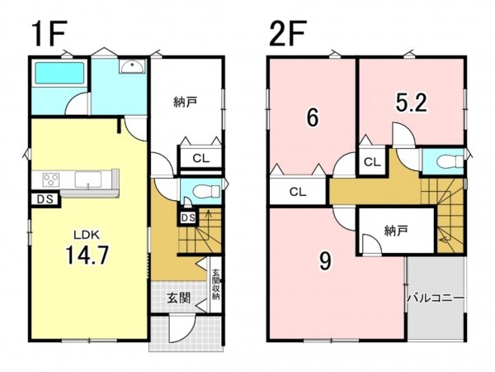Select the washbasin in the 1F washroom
click(130, 69)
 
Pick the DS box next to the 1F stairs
click(187, 217)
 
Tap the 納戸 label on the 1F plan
click(186, 103)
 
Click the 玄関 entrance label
click(169, 298)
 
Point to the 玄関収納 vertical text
click(215, 285)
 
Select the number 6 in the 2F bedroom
click(312, 118)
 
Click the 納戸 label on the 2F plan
click(397, 231)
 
